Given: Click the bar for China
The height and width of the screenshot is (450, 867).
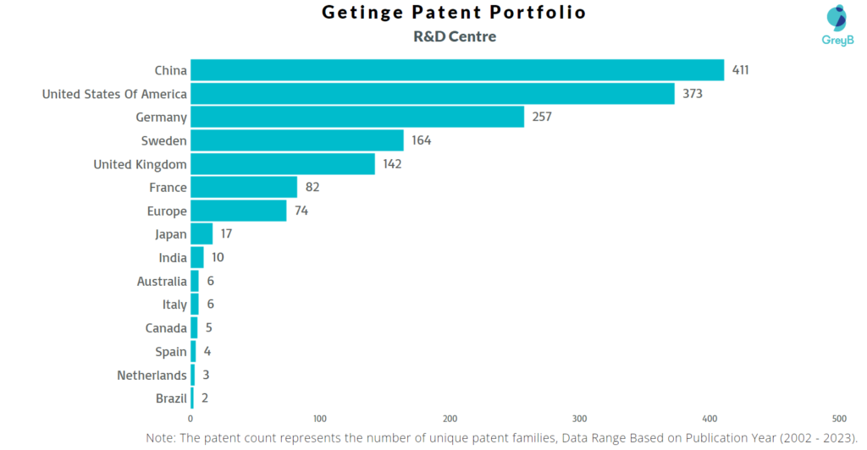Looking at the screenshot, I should pyautogui.click(x=457, y=70).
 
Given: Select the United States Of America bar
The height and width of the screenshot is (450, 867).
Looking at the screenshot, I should pyautogui.click(x=433, y=94).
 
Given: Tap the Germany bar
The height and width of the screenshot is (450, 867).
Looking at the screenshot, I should pyautogui.click(x=357, y=117).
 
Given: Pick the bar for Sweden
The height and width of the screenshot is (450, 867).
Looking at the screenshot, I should pyautogui.click(x=297, y=140).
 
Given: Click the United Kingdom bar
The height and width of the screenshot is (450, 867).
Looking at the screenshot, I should pyautogui.click(x=283, y=164).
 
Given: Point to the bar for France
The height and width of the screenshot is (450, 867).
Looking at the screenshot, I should pyautogui.click(x=244, y=187).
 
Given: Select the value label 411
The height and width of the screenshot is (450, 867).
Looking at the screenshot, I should pyautogui.click(x=741, y=70).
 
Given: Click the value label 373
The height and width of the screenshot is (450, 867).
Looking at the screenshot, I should pyautogui.click(x=692, y=94).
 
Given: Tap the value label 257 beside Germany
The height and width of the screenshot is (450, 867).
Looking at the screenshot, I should pyautogui.click(x=541, y=117).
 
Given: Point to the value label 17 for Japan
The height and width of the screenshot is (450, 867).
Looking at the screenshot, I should pyautogui.click(x=225, y=234).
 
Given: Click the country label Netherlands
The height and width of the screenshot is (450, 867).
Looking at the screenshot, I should pyautogui.click(x=152, y=375).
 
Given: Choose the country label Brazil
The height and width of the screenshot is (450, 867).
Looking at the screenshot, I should pyautogui.click(x=171, y=398).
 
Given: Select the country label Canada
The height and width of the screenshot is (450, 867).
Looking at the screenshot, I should pyautogui.click(x=166, y=328).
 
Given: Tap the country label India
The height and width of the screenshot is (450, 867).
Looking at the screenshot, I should pyautogui.click(x=173, y=258).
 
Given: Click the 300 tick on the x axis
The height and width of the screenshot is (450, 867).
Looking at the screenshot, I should pyautogui.click(x=580, y=419).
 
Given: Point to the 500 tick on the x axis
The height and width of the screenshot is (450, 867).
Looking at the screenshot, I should pyautogui.click(x=839, y=419).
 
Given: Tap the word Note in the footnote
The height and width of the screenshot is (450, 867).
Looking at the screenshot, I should pyautogui.click(x=161, y=438).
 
